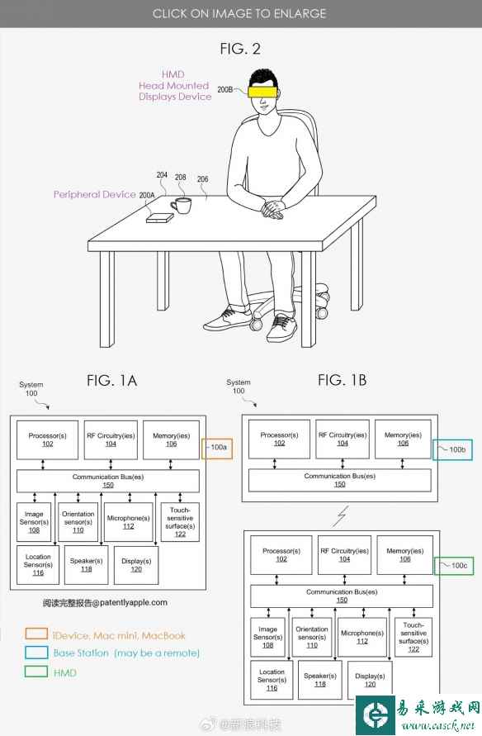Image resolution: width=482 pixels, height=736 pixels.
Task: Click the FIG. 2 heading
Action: point(240,49)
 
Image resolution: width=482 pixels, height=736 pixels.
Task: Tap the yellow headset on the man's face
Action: point(262,90)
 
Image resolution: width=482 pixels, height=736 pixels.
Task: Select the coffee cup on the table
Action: point(181,206)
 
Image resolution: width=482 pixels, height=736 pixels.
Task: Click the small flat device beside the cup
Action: point(160,218)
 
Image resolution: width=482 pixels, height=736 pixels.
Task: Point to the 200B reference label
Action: point(225,89)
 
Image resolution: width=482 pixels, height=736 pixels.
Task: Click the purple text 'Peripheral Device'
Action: point(95,194)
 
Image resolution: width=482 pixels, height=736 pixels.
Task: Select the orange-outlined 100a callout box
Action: point(216,449)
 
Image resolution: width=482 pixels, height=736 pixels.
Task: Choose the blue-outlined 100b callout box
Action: point(452,449)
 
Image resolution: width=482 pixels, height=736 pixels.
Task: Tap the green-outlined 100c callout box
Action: point(453,566)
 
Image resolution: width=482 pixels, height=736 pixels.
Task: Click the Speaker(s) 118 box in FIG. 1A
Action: point(87,565)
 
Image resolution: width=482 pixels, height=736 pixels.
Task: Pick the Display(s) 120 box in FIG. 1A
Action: point(136,565)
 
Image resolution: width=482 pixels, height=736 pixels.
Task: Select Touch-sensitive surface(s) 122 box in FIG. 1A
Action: point(180,522)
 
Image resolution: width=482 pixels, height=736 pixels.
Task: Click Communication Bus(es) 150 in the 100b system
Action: point(340,480)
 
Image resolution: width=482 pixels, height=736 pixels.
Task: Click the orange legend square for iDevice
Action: point(36,634)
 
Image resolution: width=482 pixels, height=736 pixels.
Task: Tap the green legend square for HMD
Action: point(36,672)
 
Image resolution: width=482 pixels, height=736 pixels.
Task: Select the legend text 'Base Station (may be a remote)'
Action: point(126,653)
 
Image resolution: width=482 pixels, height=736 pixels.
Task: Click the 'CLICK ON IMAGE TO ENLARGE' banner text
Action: point(239,13)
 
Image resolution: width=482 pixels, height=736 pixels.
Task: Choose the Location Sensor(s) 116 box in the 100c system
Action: point(272,680)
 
